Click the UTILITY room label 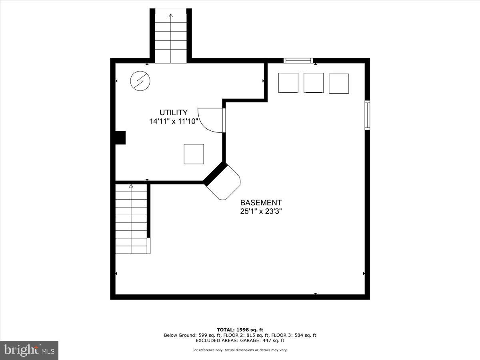[173, 113]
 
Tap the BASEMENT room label [261, 203]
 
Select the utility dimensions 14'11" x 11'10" [174, 122]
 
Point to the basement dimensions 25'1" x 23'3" [261, 212]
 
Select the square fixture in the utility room [194, 154]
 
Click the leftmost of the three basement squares [288, 83]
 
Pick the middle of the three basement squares [314, 83]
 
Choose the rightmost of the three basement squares [339, 83]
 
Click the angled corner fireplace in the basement [224, 182]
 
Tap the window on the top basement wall [298, 60]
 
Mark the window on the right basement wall [367, 115]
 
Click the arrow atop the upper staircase [171, 16]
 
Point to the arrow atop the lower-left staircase [131, 186]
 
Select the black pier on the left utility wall [120, 138]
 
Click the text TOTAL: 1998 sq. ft [240, 330]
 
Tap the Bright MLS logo [29, 350]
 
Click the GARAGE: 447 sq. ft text [262, 341]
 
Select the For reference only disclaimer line [240, 350]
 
